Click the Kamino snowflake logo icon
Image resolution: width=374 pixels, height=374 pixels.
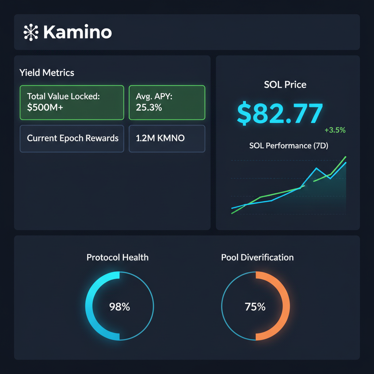pos(31,33)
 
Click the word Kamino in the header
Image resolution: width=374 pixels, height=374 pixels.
pos(77,33)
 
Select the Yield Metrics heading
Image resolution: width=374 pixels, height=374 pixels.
pos(47,73)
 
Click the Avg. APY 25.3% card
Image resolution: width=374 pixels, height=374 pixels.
pos(167,103)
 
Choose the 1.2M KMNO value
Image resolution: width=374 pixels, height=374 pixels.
pos(160,138)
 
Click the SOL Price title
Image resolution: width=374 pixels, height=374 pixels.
pos(285,85)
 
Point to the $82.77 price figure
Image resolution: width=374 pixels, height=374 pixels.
pos(280,113)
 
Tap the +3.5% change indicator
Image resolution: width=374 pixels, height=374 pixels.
pos(335,130)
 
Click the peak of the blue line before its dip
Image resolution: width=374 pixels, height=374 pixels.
pos(316,168)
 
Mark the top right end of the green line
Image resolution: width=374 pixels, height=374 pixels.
pos(345,157)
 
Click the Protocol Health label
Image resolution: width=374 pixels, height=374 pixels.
pos(118,257)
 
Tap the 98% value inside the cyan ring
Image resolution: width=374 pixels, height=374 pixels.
pos(119,307)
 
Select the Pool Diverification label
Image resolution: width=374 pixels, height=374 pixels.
pos(257,257)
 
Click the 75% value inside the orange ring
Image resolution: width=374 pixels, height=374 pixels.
pos(255,307)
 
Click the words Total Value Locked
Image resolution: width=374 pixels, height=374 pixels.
pos(63,97)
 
